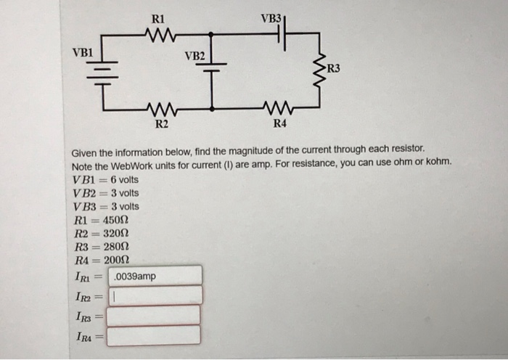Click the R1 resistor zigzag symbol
pyautogui.click(x=157, y=33)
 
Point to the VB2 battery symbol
pyautogui.click(x=212, y=67)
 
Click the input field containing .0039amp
pyautogui.click(x=155, y=276)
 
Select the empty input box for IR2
pyautogui.click(x=155, y=295)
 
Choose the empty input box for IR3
pyautogui.click(x=155, y=315)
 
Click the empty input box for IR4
pyautogui.click(x=155, y=335)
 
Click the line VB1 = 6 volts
pyautogui.click(x=105, y=179)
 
